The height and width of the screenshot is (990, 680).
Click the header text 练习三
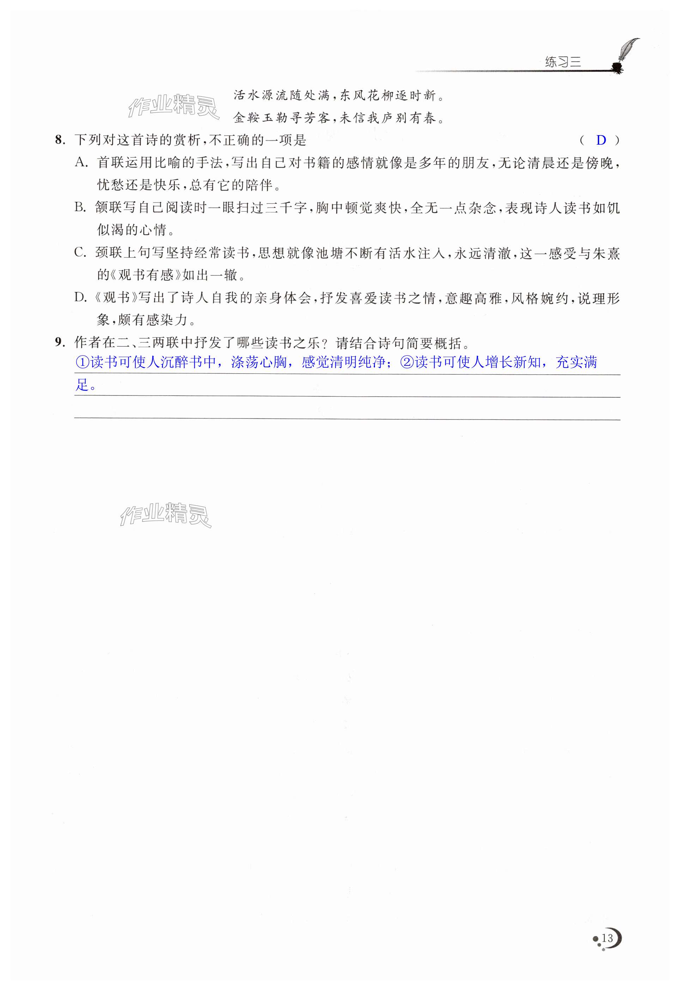tap(563, 63)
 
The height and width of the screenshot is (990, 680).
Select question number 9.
tap(60, 342)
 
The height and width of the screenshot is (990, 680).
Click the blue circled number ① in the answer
tap(83, 363)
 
